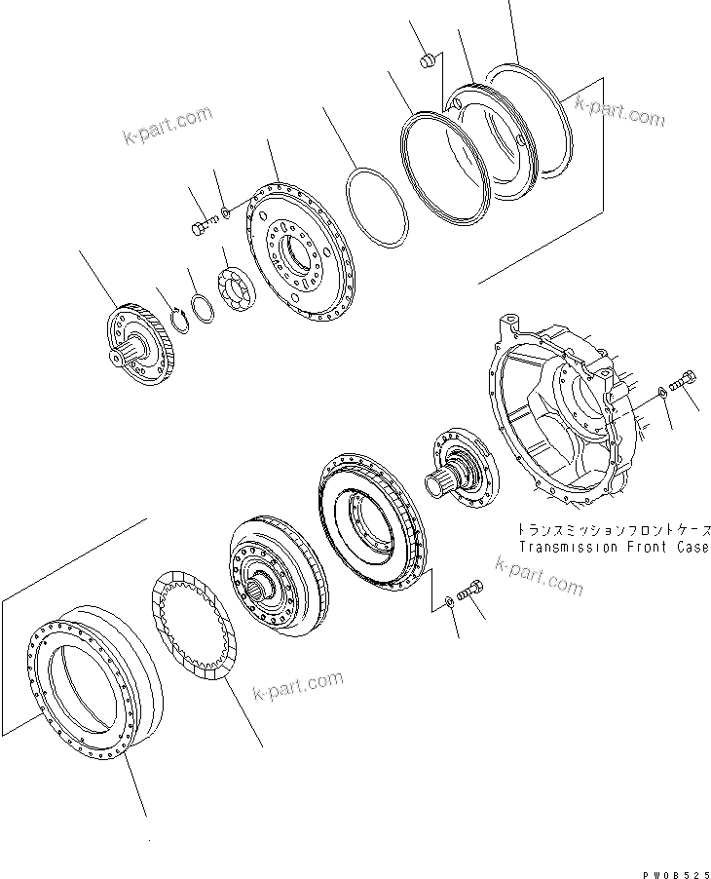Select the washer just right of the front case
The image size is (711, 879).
click(661, 392)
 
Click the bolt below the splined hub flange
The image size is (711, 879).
click(475, 589)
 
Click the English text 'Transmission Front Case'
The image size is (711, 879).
click(614, 548)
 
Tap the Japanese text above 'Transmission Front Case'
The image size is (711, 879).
click(614, 531)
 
